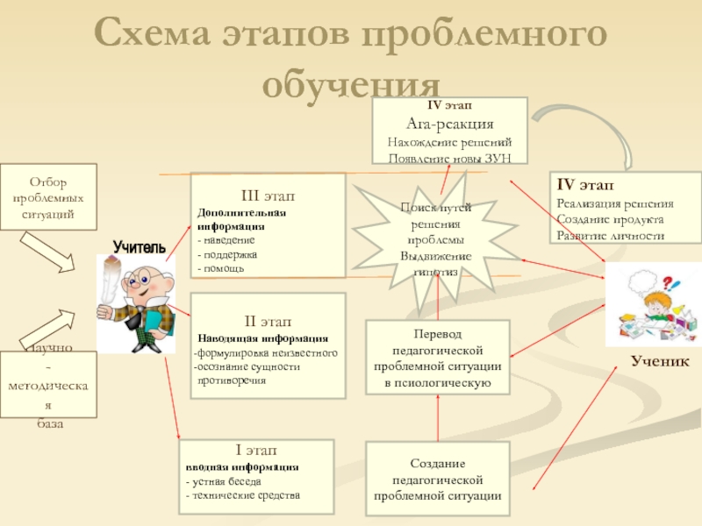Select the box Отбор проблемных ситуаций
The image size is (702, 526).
pyautogui.click(x=47, y=197)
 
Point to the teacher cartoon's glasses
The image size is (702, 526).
pyautogui.click(x=140, y=280)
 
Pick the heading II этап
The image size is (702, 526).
pyautogui.click(x=268, y=322)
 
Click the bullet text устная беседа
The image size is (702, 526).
pyautogui.click(x=226, y=481)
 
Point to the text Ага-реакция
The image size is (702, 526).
pyautogui.click(x=449, y=124)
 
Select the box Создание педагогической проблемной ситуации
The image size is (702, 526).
pyautogui.click(x=437, y=479)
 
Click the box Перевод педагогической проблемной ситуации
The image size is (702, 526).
pyautogui.click(x=437, y=358)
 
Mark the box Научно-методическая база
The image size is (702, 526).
pyautogui.click(x=48, y=386)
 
